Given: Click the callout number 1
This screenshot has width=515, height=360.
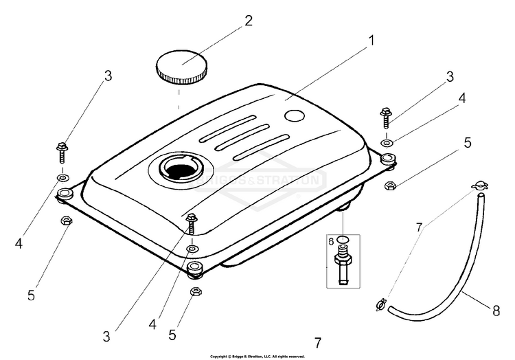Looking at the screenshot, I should (371, 40).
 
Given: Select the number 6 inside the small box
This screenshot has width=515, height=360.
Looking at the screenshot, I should (330, 241).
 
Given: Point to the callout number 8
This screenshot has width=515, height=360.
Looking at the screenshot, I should (496, 310).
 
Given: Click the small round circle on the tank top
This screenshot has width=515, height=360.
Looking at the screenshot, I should (295, 116).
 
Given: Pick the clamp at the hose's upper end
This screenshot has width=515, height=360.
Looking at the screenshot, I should (479, 186).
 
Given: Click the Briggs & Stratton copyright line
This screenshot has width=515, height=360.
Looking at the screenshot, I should (257, 357).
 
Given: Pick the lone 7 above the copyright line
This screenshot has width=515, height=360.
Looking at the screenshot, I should (317, 343).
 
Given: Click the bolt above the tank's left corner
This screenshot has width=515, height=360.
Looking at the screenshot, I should (62, 149).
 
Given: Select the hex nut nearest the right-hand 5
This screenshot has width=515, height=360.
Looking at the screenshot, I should (389, 184).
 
